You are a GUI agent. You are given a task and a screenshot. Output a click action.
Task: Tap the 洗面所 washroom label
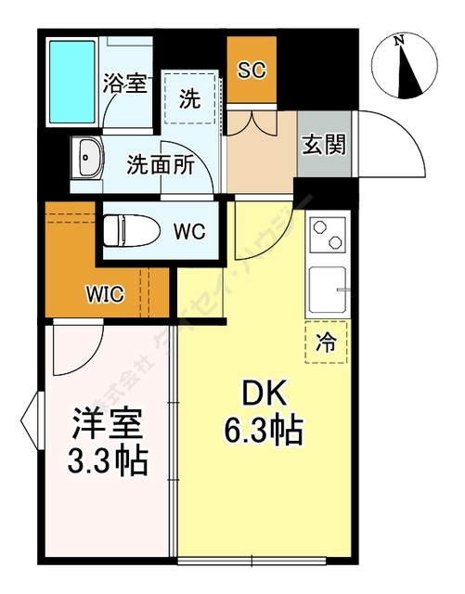click(x=161, y=165)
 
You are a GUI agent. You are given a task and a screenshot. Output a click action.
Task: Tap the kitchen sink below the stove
click(x=327, y=291)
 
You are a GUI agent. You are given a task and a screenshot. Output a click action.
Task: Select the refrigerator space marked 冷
click(x=326, y=342)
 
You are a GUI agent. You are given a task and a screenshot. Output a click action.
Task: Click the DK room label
click(x=263, y=395)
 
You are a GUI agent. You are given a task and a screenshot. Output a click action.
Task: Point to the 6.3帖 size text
click(x=263, y=430)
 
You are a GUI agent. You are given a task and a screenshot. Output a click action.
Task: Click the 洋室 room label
click(x=107, y=425)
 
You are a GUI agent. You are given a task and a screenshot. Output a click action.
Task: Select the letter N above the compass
click(x=399, y=39)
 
